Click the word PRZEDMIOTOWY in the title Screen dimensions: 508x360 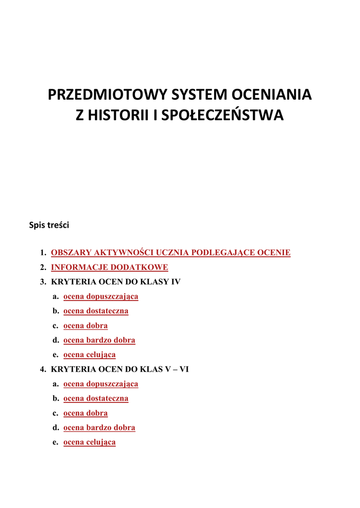click(x=108, y=95)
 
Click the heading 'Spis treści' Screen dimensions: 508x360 click(x=49, y=225)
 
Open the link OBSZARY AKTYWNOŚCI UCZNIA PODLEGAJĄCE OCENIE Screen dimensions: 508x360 click(x=170, y=253)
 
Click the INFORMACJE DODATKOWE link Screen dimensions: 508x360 click(x=109, y=267)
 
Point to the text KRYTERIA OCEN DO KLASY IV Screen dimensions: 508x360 click(x=116, y=282)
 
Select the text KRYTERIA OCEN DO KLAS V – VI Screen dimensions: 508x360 click(x=120, y=369)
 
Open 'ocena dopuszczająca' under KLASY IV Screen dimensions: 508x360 click(x=101, y=297)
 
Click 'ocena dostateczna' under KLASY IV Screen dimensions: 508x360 click(x=96, y=311)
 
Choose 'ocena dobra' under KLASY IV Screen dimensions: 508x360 click(x=85, y=325)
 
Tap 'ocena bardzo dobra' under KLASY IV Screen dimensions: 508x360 click(x=99, y=340)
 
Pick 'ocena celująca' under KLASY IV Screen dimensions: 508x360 click(x=89, y=355)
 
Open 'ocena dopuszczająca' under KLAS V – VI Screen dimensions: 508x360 click(x=101, y=384)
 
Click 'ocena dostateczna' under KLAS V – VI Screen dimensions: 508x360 click(x=96, y=398)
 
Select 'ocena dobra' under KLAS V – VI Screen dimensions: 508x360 click(x=85, y=413)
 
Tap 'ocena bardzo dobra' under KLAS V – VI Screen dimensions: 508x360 click(x=99, y=428)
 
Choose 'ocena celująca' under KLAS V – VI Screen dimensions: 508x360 click(x=89, y=442)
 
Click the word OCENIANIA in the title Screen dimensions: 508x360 click(x=272, y=95)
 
